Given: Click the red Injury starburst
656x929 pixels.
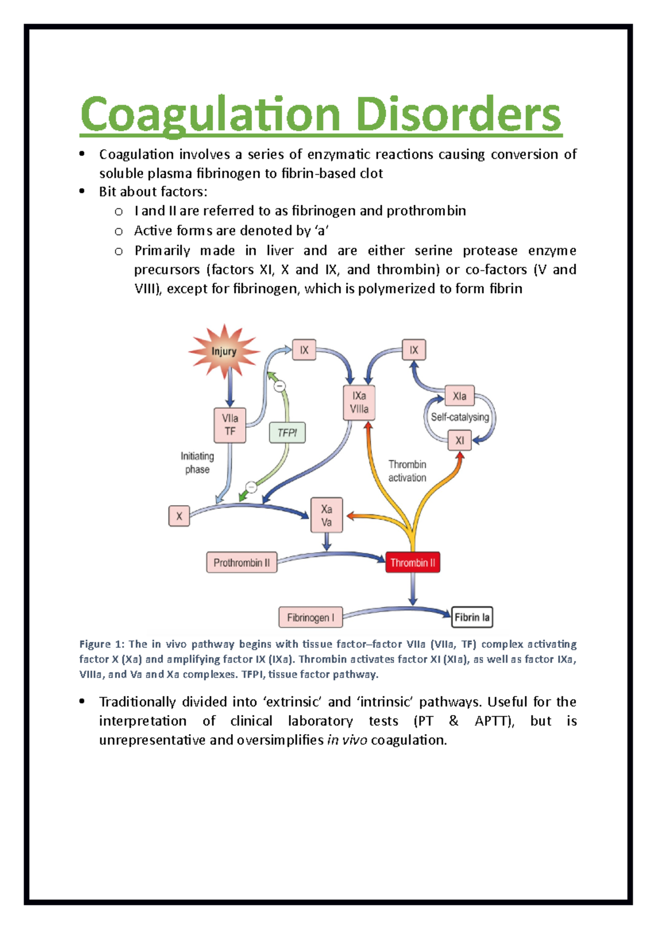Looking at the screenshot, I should [x=224, y=351].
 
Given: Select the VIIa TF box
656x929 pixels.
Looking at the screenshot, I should [x=230, y=425].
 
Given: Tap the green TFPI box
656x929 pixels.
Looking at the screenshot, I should [x=288, y=433].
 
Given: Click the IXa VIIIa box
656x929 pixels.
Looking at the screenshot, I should [x=359, y=403].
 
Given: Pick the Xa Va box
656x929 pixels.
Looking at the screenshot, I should [x=326, y=515].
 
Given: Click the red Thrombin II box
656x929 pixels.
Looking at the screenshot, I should [x=413, y=562].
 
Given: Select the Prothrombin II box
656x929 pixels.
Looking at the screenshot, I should [x=242, y=562].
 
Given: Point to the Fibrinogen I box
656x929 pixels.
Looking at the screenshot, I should [x=311, y=618].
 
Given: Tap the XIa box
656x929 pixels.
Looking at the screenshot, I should [x=460, y=396].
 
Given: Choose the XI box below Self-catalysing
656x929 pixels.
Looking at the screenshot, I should [x=460, y=440].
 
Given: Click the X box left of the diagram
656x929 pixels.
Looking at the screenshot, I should [x=179, y=516].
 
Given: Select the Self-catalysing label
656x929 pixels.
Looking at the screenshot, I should [x=460, y=417].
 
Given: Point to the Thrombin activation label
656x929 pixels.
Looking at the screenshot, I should [x=407, y=471].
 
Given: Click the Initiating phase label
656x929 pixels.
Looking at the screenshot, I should [x=197, y=463].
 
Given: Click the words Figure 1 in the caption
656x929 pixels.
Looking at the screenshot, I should [x=102, y=644].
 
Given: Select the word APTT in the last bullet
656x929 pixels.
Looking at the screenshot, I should [x=494, y=721].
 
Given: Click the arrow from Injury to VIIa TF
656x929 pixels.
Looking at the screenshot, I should [x=230, y=387].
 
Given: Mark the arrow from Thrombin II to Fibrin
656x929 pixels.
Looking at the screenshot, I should [x=413, y=589].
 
